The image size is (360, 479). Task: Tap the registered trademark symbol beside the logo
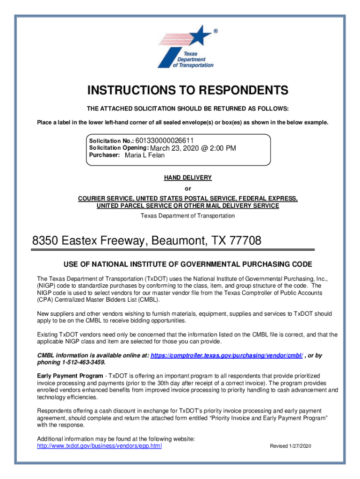click(x=215, y=31)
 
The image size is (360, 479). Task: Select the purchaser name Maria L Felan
click(x=145, y=155)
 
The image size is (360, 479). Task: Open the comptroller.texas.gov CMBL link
click(x=227, y=356)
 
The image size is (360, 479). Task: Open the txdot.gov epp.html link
click(x=99, y=446)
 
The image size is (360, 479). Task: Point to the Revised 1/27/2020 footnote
click(x=290, y=446)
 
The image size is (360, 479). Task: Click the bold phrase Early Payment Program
click(x=70, y=376)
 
